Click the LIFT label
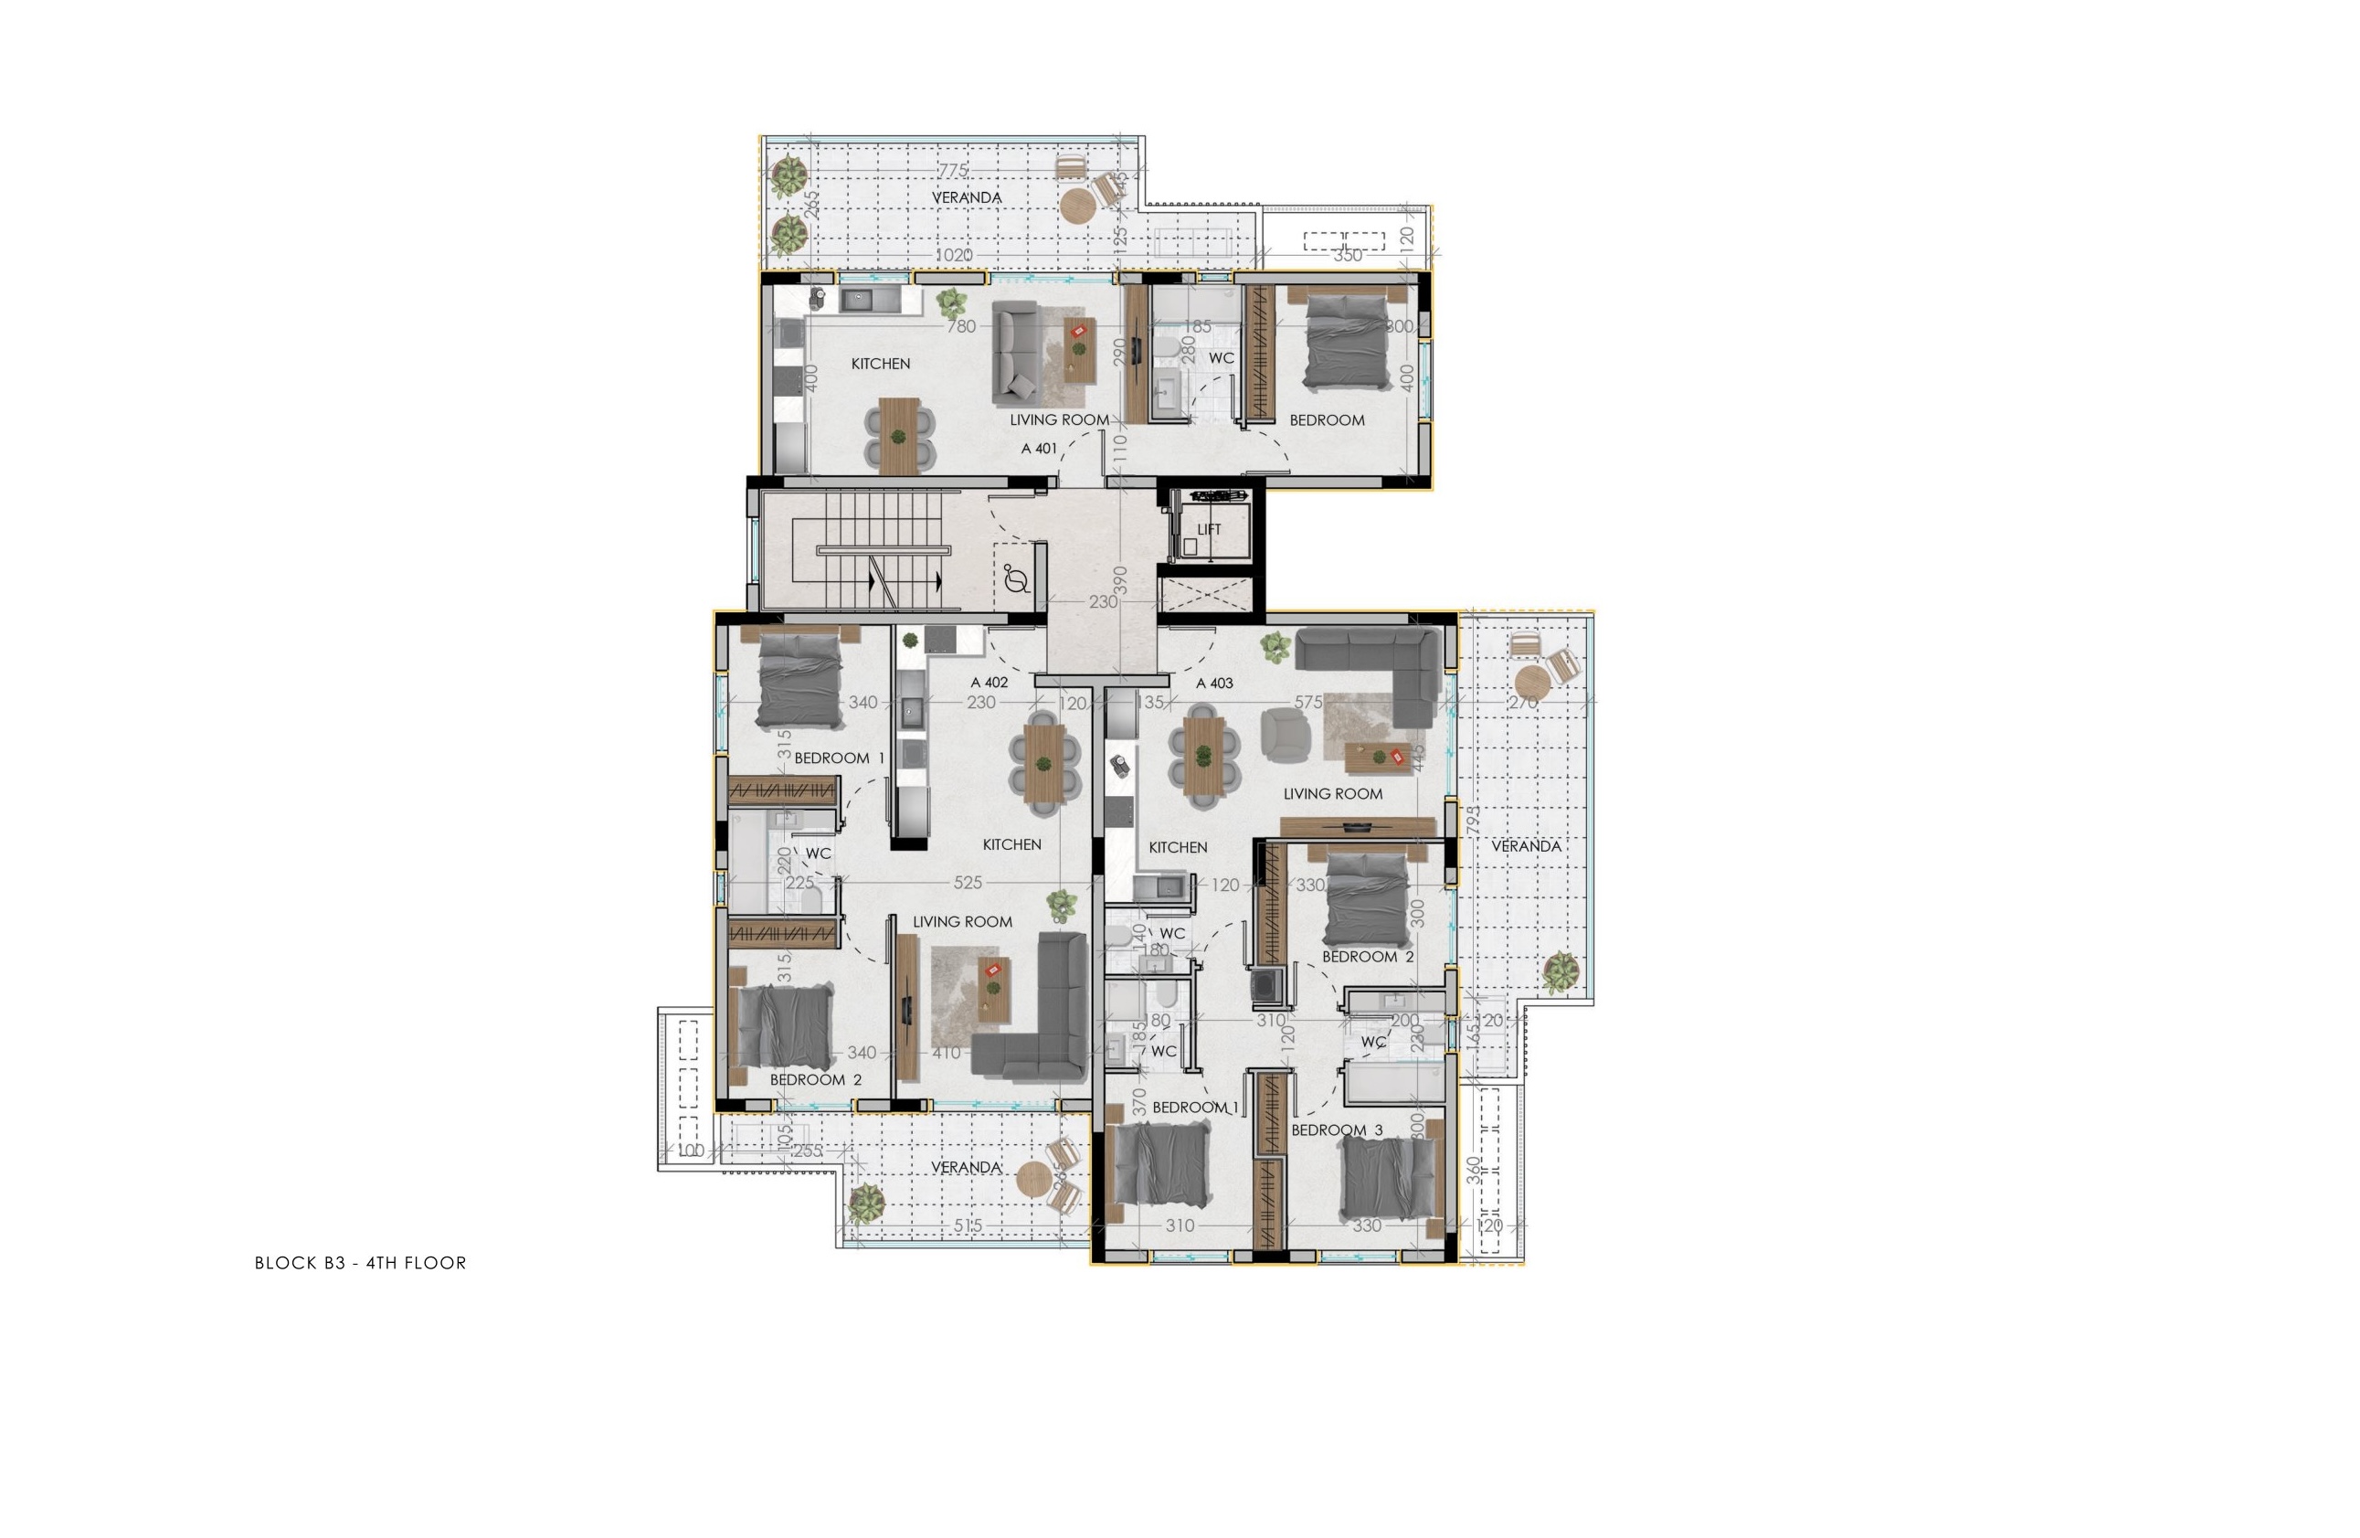[x=1209, y=529]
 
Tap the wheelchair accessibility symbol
[x=1015, y=578]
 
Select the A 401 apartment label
[x=1039, y=448]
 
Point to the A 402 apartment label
[x=989, y=683]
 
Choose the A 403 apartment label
[x=1214, y=683]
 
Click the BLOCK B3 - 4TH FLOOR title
[x=360, y=1263]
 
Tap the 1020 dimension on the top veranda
[x=954, y=255]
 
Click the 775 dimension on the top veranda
[x=953, y=171]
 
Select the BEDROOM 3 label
[x=1337, y=1130]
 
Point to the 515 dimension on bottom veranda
[x=968, y=1225]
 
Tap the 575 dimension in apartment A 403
[x=1308, y=702]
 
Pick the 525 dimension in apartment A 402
[x=968, y=882]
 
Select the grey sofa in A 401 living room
[x=1015, y=352]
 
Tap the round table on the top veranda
[x=1077, y=207]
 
